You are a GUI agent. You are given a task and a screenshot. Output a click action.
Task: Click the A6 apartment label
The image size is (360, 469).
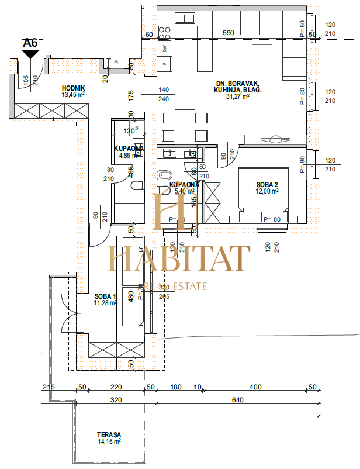pos(30,43)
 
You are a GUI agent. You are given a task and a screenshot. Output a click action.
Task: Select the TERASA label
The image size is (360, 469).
pos(109,435)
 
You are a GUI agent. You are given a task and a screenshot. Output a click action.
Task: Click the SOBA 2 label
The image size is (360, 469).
pos(266,184)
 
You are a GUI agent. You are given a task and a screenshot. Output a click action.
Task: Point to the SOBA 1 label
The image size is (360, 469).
pos(105,296)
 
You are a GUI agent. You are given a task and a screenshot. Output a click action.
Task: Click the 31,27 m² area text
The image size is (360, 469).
pos(237,97)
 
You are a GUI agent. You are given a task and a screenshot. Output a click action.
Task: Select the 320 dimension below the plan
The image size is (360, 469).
pos(116,401)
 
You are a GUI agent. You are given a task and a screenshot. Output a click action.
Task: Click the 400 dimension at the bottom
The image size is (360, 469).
pos(255,387)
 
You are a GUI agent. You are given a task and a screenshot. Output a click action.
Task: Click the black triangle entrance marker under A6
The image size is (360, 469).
pos(30,54)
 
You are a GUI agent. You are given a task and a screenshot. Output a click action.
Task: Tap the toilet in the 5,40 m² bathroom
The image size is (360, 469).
pos(164,175)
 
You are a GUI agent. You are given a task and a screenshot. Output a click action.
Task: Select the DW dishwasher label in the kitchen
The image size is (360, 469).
pos(165,48)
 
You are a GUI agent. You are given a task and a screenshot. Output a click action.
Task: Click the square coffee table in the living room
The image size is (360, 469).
pos(261,55)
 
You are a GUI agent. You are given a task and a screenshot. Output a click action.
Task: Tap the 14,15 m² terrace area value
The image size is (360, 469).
pos(109,442)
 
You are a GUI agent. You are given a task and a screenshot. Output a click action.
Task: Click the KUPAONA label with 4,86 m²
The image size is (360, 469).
pos(129,149)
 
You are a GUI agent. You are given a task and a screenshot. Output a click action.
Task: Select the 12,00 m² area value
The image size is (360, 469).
pos(266,191)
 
